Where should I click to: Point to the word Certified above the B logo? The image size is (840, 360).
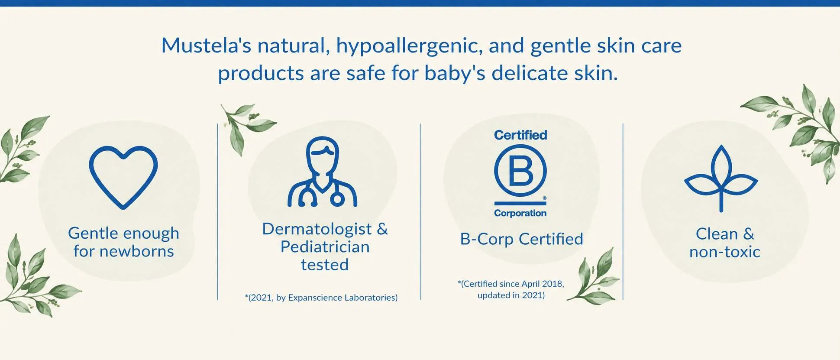pyautogui.click(x=520, y=135)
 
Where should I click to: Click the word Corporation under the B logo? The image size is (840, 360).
pyautogui.click(x=520, y=213)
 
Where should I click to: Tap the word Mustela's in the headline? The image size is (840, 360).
pyautogui.click(x=206, y=45)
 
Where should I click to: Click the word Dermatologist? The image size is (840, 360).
pyautogui.click(x=317, y=229)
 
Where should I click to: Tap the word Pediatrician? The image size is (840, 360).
pyautogui.click(x=325, y=247)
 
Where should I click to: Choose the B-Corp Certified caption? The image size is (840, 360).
pyautogui.click(x=522, y=239)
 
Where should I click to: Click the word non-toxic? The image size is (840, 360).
pyautogui.click(x=725, y=252)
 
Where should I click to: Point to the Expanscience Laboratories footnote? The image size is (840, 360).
pyautogui.click(x=321, y=298)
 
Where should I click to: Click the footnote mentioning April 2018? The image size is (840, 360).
pyautogui.click(x=511, y=289)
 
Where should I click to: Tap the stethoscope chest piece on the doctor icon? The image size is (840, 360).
pyautogui.click(x=337, y=199)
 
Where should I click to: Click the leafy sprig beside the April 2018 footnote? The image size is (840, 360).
pyautogui.click(x=594, y=277)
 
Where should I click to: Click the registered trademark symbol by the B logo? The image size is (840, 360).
pyautogui.click(x=544, y=198)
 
